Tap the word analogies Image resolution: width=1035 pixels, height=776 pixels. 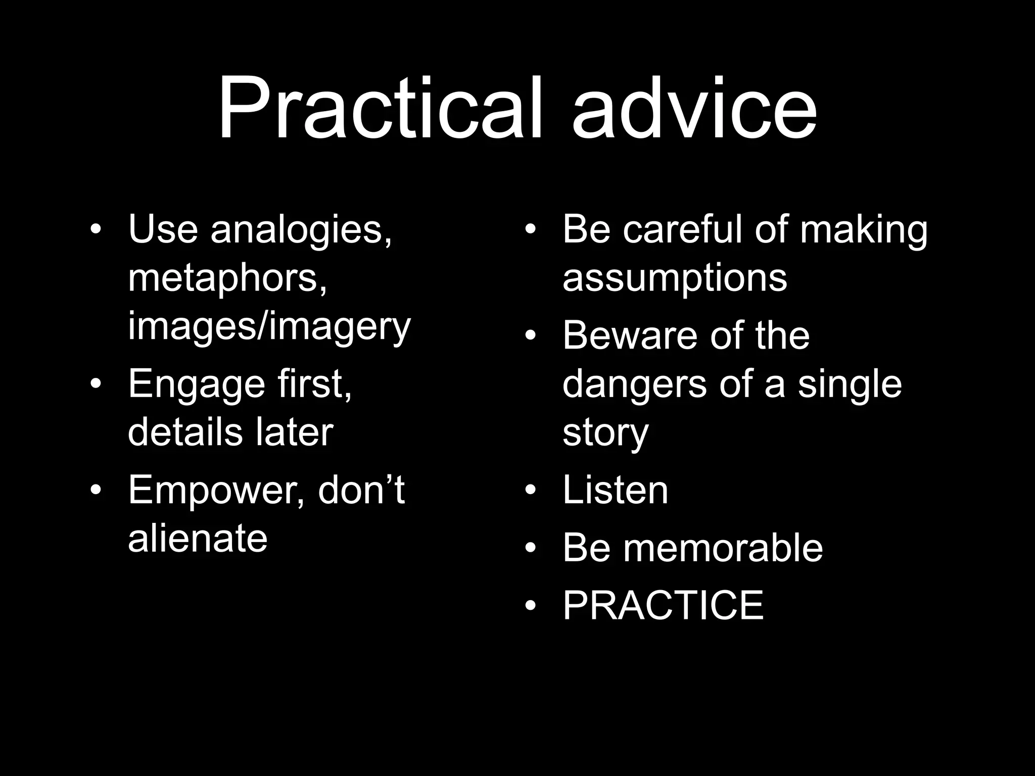[x=301, y=230]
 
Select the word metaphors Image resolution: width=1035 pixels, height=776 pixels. [x=227, y=278]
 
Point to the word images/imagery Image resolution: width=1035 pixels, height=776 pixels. [x=269, y=327]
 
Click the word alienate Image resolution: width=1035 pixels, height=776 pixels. [x=198, y=539]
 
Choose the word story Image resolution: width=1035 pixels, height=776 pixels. [x=605, y=433]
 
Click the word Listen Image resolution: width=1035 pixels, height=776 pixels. [x=615, y=490]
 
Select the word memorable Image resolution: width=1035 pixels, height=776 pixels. [x=723, y=548]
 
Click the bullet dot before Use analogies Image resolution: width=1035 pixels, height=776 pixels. [x=96, y=230]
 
